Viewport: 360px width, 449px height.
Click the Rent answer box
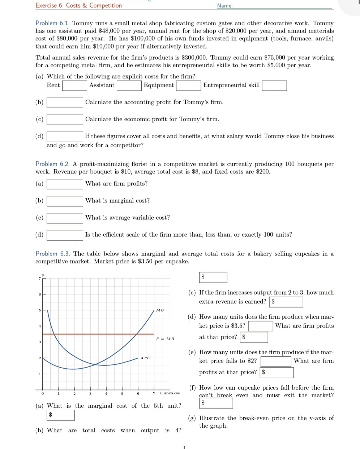(x=74, y=86)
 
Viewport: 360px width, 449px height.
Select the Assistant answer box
(x=129, y=86)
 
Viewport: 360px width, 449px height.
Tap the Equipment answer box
(x=188, y=86)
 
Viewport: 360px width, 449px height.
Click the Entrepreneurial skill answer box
(x=274, y=86)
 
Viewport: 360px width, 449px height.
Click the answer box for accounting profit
(x=65, y=103)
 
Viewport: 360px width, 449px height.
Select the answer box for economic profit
(x=65, y=120)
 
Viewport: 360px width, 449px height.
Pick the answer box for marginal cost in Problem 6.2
(x=65, y=201)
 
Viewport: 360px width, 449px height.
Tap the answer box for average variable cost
(x=65, y=218)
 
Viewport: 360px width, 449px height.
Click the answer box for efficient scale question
(x=65, y=235)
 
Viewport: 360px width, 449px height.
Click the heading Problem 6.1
(x=52, y=23)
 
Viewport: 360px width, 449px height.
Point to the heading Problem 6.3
(x=52, y=254)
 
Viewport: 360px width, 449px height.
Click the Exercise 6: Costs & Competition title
(x=78, y=5)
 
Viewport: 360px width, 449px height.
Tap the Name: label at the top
(x=225, y=6)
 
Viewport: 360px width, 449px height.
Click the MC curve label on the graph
(x=160, y=310)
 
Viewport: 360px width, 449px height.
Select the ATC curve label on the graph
(x=145, y=358)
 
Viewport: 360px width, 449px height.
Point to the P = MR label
(x=165, y=339)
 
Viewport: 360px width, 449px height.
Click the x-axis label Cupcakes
(x=170, y=393)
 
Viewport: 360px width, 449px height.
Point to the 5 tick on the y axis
(x=40, y=310)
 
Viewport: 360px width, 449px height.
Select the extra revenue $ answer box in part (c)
(x=287, y=302)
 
